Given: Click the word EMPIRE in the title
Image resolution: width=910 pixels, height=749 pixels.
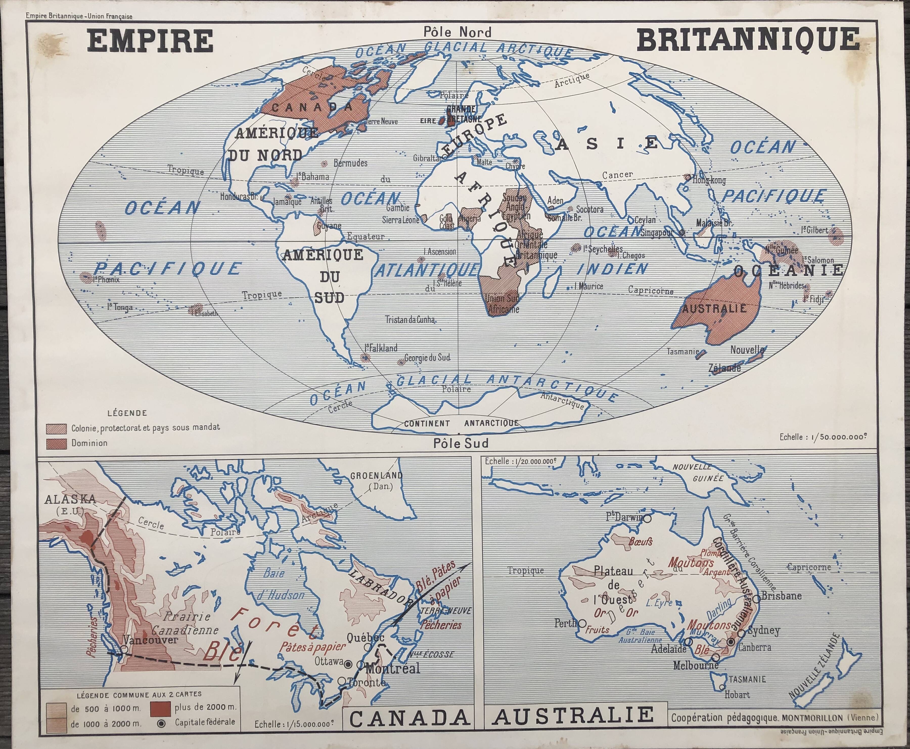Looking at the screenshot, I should [x=150, y=41].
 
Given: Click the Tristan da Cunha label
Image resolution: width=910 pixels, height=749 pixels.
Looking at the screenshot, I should [x=410, y=320].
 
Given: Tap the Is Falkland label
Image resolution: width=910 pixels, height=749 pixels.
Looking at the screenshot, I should [x=381, y=348].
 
